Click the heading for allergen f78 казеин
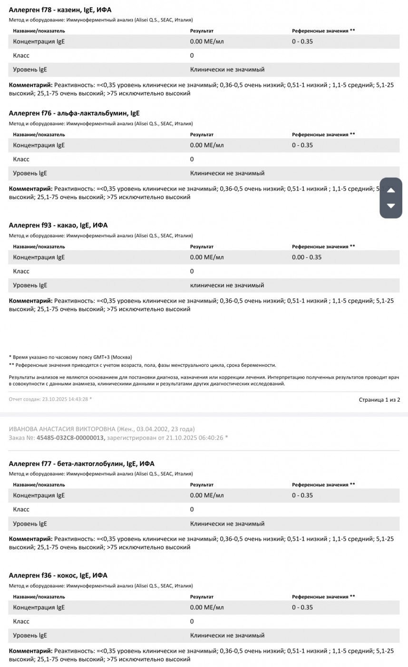pos(60,10)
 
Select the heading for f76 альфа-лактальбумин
pos(74,113)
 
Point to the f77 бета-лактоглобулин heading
pos(82,464)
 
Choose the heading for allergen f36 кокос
pos(58,575)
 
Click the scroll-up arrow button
pos(391,190)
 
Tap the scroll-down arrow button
pos(391,206)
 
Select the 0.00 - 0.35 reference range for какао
pos(307,257)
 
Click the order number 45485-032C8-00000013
pos(70,437)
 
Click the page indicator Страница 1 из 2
pos(379,399)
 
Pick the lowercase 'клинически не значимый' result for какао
pos(227,285)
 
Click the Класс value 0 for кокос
pos(192,621)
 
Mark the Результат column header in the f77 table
pos(202,485)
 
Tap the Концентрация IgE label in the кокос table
pos(39,607)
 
